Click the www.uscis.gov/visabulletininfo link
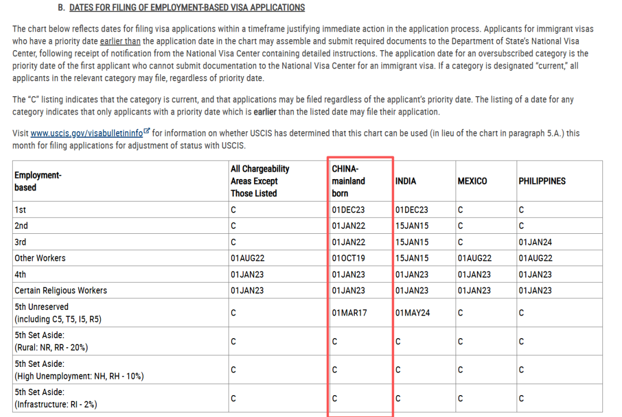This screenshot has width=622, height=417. click(86, 133)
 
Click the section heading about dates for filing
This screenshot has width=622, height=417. click(187, 7)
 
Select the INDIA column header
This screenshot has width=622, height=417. click(405, 181)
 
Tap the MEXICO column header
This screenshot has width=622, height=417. click(472, 181)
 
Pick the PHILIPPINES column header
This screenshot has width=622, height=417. click(541, 181)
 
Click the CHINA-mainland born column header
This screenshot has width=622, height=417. click(348, 181)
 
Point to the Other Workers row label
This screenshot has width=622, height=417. click(40, 258)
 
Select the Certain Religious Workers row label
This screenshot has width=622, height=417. click(60, 290)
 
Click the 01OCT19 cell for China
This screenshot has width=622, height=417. click(348, 258)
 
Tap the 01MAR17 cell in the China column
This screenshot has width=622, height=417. click(349, 313)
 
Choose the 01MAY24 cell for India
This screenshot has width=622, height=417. click(412, 313)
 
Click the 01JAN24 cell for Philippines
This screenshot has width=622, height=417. click(535, 242)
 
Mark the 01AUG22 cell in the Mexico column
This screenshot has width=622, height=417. click(475, 258)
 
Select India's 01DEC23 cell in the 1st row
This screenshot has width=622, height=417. click(412, 210)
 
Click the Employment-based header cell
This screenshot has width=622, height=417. click(38, 181)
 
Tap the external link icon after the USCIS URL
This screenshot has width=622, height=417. click(146, 132)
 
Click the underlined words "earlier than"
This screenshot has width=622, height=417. click(120, 41)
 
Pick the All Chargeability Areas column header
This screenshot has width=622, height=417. click(260, 181)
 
